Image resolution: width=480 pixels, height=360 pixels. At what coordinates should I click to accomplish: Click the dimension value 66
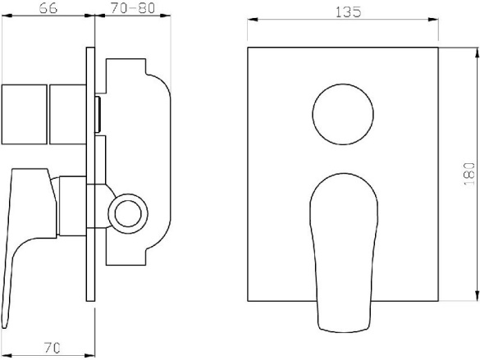point(48,8)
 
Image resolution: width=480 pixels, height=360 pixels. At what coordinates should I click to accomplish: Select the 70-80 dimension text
point(133,8)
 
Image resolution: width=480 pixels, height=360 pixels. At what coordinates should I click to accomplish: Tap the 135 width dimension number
point(349,12)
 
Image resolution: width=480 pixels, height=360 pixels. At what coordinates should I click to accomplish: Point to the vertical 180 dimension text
point(469,174)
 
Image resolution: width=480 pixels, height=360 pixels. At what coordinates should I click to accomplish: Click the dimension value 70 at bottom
point(52,348)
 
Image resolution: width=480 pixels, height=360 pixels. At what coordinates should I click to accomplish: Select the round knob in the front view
point(343,114)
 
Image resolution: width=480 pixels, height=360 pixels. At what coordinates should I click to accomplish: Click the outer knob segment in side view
point(24,114)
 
